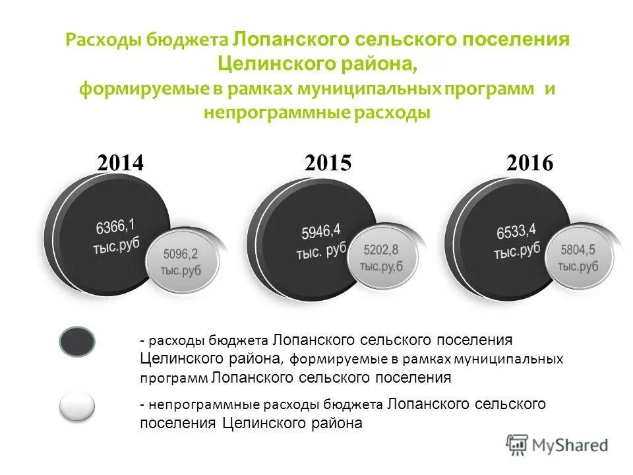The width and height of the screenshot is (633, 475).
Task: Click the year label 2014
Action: tap(119, 163)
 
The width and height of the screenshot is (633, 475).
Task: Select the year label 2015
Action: tap(328, 163)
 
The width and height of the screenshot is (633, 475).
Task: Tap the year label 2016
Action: tap(529, 163)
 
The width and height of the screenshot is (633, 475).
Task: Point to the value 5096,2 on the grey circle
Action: tap(180, 253)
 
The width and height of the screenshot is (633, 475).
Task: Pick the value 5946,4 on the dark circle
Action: tap(320, 232)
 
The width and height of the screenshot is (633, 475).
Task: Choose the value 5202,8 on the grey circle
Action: tap(381, 250)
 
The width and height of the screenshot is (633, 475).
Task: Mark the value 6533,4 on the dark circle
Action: tap(516, 231)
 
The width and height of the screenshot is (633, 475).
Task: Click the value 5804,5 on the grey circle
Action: tap(578, 250)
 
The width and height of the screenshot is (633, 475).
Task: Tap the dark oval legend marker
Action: tap(78, 342)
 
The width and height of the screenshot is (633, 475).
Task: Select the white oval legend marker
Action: tap(77, 406)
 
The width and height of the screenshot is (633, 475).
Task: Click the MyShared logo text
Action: tap(571, 445)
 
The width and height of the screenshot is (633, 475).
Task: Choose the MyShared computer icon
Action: tap(518, 445)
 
